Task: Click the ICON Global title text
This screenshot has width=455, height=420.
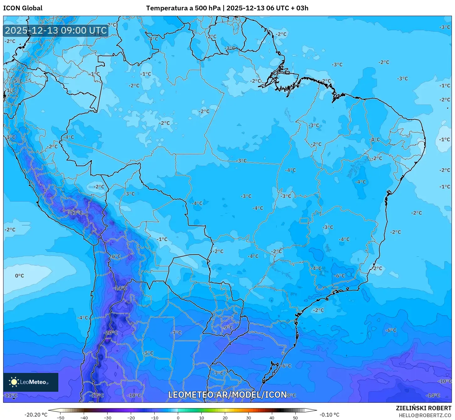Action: (x=23, y=8)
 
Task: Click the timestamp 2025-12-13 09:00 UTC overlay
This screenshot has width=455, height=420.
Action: (x=56, y=30)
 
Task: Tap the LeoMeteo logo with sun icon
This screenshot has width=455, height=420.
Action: (x=30, y=382)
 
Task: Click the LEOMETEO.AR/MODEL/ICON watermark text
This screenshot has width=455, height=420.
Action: (x=227, y=395)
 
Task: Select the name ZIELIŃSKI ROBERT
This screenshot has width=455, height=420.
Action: (x=423, y=408)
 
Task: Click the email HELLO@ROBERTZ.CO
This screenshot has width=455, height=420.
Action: (x=425, y=415)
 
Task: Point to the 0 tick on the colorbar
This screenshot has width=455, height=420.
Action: (x=178, y=417)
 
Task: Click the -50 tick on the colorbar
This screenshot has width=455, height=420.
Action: (x=61, y=417)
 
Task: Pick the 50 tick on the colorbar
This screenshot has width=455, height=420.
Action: (x=295, y=417)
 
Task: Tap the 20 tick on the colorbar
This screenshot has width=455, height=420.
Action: (x=225, y=417)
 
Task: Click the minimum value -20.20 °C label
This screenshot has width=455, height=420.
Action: (x=36, y=415)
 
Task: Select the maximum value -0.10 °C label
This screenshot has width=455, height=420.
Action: (x=329, y=415)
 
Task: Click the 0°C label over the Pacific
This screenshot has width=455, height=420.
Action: (x=19, y=276)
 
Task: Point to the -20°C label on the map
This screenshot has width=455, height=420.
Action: (x=111, y=333)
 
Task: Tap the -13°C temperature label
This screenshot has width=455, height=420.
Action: (x=76, y=213)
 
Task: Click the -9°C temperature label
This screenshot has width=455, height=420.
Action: (x=228, y=328)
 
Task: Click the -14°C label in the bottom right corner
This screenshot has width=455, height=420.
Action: (x=434, y=396)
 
